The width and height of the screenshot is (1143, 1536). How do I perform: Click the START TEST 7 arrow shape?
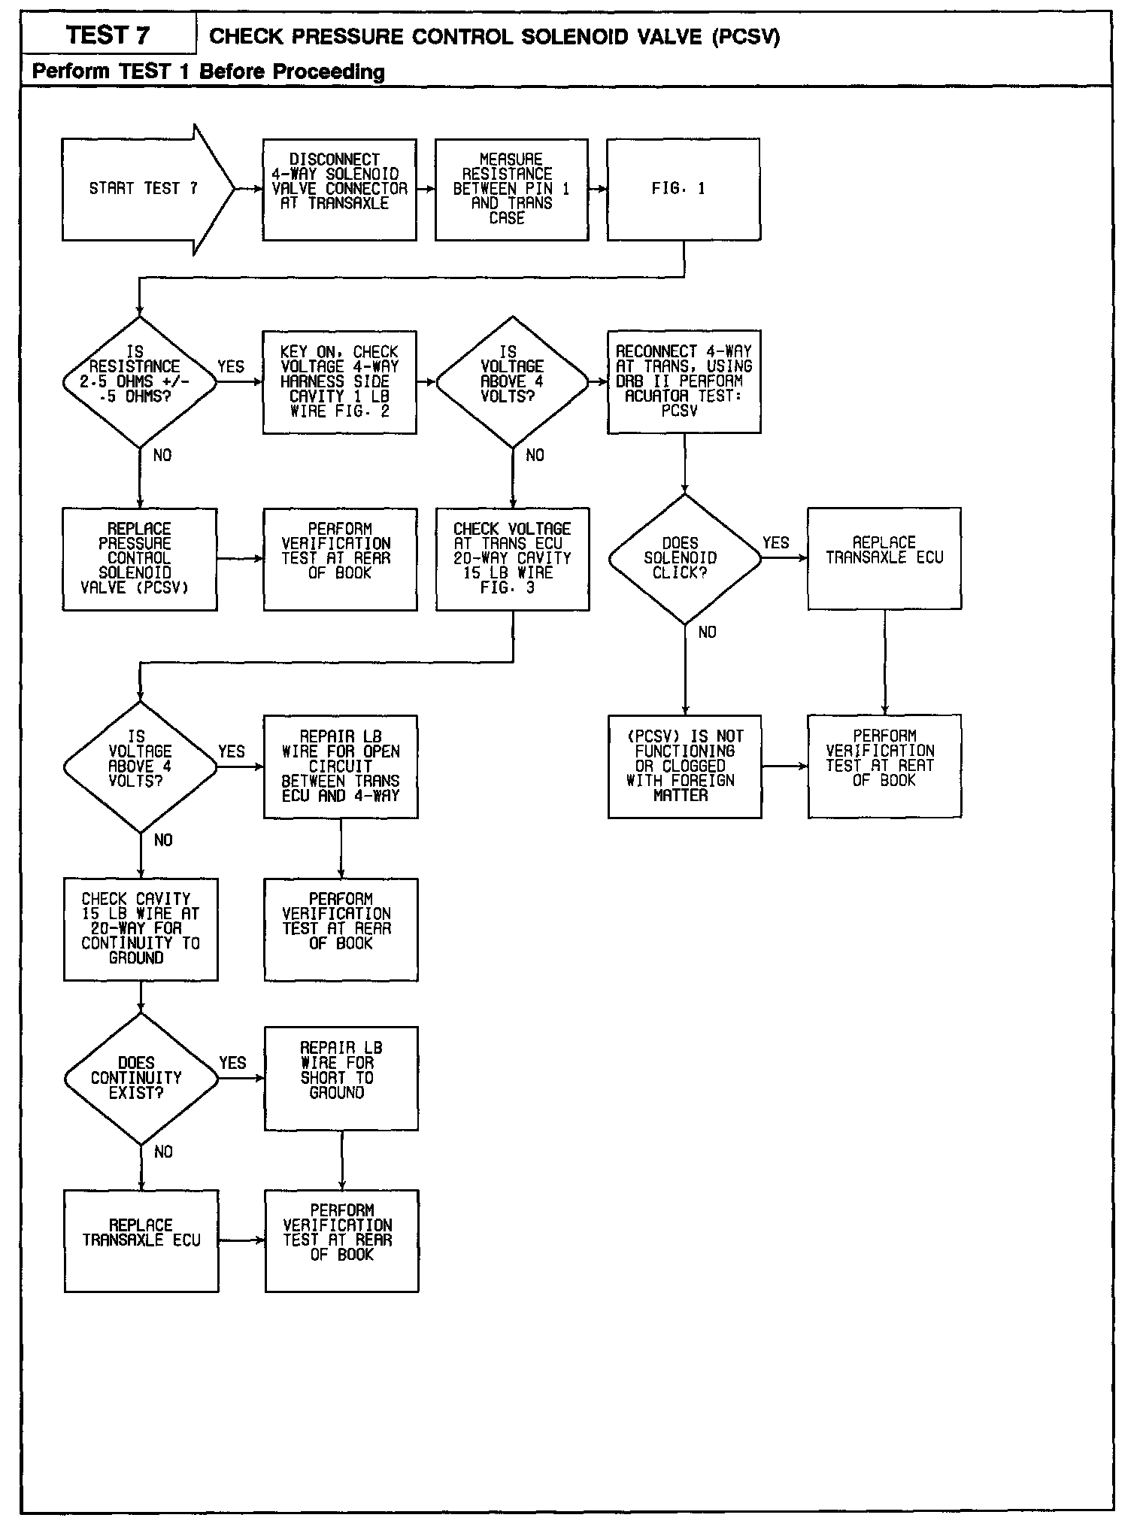[143, 189]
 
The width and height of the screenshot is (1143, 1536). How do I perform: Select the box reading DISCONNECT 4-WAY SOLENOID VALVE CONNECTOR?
[339, 190]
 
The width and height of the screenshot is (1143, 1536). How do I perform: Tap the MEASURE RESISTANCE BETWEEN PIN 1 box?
[511, 190]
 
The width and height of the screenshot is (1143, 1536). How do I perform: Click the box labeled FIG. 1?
[684, 190]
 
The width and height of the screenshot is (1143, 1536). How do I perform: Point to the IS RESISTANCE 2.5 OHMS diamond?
[140, 382]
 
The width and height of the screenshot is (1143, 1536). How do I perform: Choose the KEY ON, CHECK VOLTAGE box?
[339, 382]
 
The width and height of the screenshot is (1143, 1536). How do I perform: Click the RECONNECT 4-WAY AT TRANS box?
[684, 381]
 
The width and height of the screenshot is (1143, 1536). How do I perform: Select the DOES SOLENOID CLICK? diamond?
[684, 559]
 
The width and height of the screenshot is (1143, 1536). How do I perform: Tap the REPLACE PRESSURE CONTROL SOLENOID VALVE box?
[140, 559]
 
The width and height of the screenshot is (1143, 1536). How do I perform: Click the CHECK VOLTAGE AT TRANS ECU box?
[512, 559]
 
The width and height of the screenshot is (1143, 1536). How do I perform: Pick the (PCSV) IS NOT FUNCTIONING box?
[684, 766]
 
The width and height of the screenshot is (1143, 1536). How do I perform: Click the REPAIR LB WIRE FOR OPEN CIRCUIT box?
[341, 766]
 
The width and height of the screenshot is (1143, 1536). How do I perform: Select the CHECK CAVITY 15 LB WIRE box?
[141, 929]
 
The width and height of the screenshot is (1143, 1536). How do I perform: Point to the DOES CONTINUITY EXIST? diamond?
[141, 1079]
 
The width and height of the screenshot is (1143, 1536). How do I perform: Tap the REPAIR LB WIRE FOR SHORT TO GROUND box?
[341, 1078]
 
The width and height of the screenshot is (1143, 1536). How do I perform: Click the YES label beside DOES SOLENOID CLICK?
[776, 543]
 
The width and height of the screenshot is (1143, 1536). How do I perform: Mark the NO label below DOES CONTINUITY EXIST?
[163, 1152]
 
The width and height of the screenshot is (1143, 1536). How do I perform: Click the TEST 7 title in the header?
[108, 35]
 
